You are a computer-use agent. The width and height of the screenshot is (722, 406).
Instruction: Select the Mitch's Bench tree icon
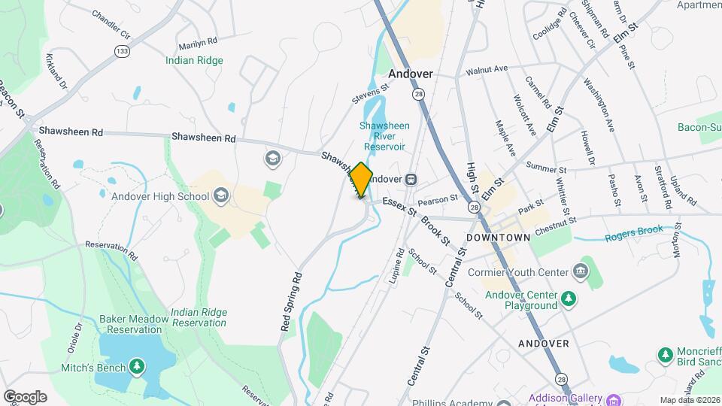tap(137, 366)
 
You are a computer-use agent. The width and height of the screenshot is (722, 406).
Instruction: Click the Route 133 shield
tap(122, 50)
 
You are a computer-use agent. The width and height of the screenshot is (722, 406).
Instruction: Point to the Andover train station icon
tap(411, 180)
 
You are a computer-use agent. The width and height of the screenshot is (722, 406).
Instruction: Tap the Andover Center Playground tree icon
tap(569, 299)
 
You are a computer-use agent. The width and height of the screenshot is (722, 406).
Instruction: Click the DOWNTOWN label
tap(498, 237)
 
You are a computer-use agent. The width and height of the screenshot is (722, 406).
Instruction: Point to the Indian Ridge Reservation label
tap(199, 317)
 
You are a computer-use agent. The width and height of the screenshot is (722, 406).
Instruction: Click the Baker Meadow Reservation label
tap(134, 324)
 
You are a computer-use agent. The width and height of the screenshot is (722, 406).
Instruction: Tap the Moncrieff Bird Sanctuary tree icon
tap(665, 354)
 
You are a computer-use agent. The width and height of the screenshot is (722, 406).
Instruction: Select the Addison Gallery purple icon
tap(614, 399)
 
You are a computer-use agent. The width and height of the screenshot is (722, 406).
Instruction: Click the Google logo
tap(25, 397)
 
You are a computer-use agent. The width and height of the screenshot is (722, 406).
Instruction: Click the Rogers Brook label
tap(634, 234)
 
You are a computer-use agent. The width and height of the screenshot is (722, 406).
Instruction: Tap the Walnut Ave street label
tap(487, 69)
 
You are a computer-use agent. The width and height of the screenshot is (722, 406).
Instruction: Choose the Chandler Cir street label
tap(111, 25)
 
